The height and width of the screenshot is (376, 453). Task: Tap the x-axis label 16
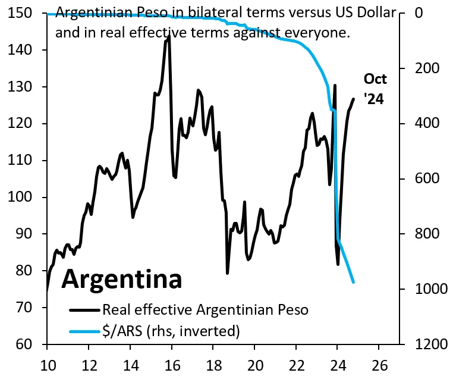point(172,365)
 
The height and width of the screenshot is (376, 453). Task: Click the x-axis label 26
point(380,365)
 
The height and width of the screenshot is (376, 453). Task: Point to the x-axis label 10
point(47,365)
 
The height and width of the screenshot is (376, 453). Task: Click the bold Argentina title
point(121,279)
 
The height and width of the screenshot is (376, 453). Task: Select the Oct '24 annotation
point(375,89)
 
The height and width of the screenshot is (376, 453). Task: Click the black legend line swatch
point(84,310)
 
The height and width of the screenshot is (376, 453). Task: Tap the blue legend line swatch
point(84,330)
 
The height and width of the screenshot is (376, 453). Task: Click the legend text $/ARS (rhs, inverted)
point(171,330)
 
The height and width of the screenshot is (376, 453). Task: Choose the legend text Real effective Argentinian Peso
point(206,310)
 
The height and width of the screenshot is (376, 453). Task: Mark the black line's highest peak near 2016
point(169,36)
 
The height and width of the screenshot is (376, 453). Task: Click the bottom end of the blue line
point(354,282)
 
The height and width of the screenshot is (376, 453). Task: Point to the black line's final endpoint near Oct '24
point(354,99)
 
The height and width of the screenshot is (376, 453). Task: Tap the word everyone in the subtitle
point(319,33)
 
